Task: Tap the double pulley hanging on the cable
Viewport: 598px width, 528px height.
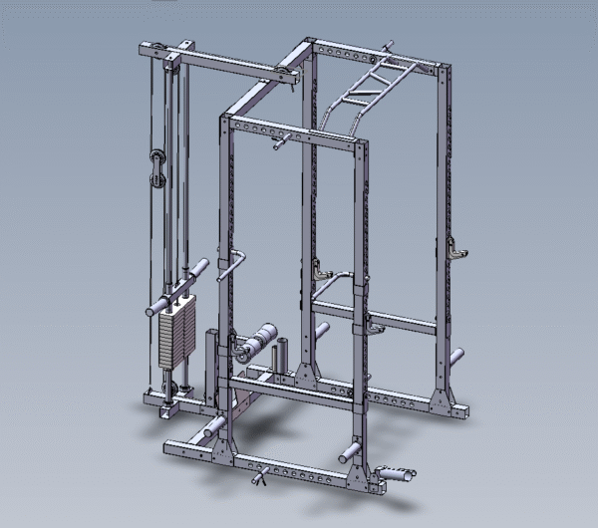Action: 157,166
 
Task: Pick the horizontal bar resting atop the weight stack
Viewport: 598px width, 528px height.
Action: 175,289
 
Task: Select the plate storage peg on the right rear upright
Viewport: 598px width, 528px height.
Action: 455,357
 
